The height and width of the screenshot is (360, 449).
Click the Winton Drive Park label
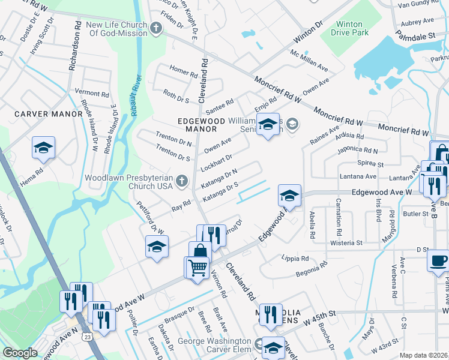tap(349, 28)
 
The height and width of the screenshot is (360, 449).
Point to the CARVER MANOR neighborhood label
tap(49, 114)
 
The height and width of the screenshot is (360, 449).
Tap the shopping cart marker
tap(196, 267)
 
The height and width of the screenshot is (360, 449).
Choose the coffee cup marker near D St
tap(438, 260)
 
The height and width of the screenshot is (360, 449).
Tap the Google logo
tap(20, 353)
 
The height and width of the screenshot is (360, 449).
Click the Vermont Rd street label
tap(92, 94)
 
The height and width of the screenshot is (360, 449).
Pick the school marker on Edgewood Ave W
tap(289, 196)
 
